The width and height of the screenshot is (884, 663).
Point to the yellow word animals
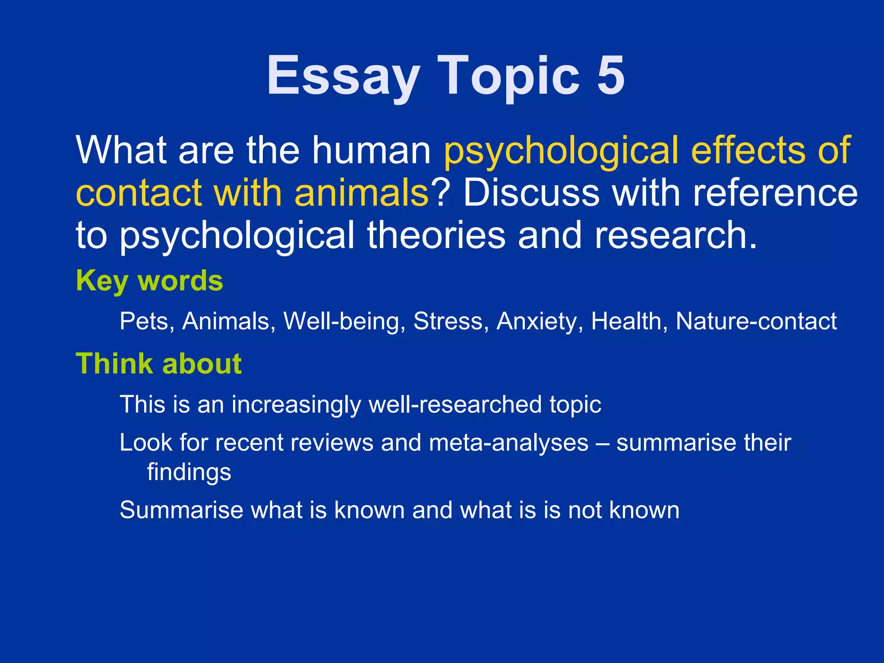point(361,193)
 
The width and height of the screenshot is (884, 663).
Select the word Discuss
point(531,193)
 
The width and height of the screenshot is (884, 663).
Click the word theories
point(436,235)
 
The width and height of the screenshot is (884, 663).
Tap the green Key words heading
point(149,281)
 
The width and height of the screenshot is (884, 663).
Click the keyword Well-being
point(344,321)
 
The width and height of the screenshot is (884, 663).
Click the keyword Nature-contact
point(756,321)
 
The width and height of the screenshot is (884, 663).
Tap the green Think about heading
point(158,363)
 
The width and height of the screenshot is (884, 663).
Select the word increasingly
point(296,405)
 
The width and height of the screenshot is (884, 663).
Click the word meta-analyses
point(509,443)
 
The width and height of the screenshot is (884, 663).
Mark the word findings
point(189,472)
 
